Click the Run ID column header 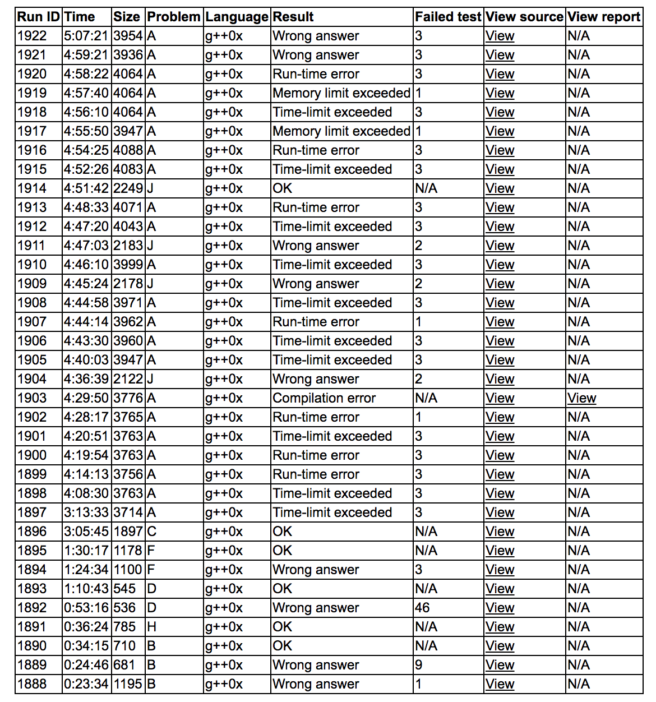[x=38, y=17]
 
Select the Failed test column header [x=448, y=17]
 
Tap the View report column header [x=603, y=17]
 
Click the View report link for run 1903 [x=581, y=398]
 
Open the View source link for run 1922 [x=500, y=36]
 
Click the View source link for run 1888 [x=500, y=684]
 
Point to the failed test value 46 [x=422, y=608]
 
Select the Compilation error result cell [x=324, y=398]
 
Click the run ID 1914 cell [x=32, y=188]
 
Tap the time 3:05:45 [x=86, y=532]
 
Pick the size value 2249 [x=128, y=188]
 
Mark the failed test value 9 [x=419, y=665]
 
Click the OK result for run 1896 [x=283, y=532]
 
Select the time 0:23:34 [x=86, y=684]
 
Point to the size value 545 [x=124, y=589]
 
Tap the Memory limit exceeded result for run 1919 [x=341, y=93]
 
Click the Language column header [x=237, y=17]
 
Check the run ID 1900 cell [x=32, y=455]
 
